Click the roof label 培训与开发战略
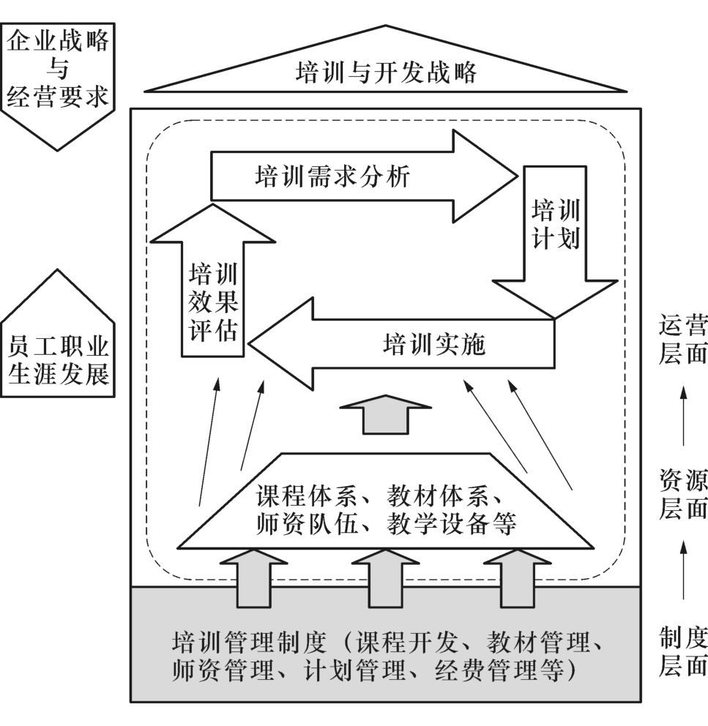pyautogui.click(x=386, y=72)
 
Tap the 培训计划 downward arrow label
pyautogui.click(x=555, y=225)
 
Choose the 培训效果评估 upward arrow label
pyautogui.click(x=213, y=302)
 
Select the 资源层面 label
pyautogui.click(x=682, y=495)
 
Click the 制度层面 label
pyautogui.click(x=682, y=651)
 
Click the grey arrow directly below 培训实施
pyautogui.click(x=386, y=414)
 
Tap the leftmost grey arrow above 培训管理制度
pyautogui.click(x=253, y=578)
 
